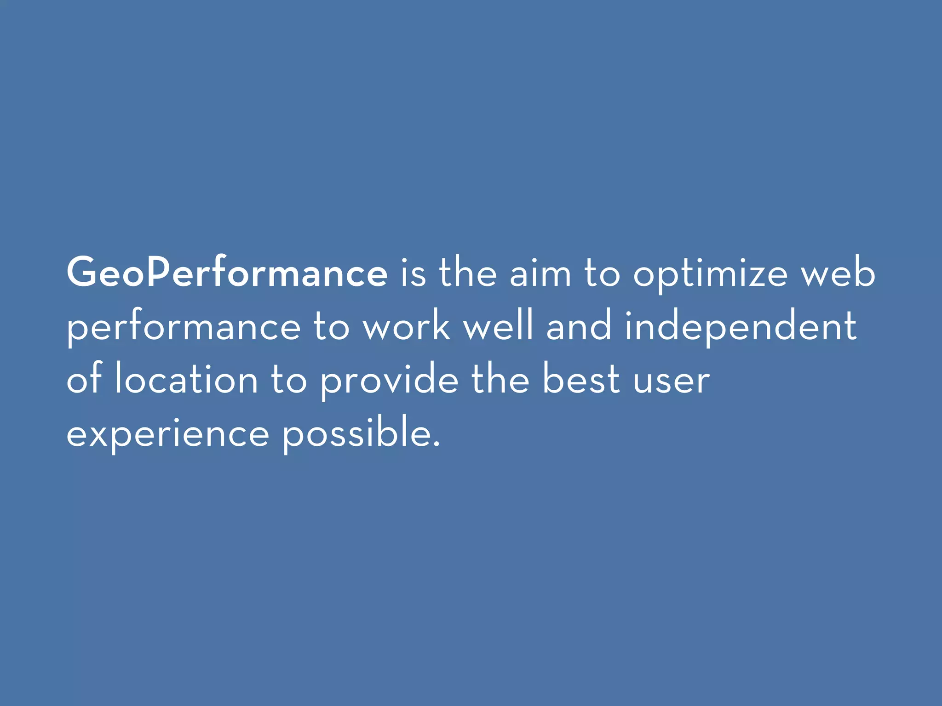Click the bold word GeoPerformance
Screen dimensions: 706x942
point(227,273)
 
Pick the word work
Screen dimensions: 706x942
point(407,326)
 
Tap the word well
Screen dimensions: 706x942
point(499,326)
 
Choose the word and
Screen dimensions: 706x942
point(579,326)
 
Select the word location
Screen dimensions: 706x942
point(186,379)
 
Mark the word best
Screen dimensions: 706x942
point(581,379)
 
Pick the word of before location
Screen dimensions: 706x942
point(84,379)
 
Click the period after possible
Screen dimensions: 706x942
point(436,444)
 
